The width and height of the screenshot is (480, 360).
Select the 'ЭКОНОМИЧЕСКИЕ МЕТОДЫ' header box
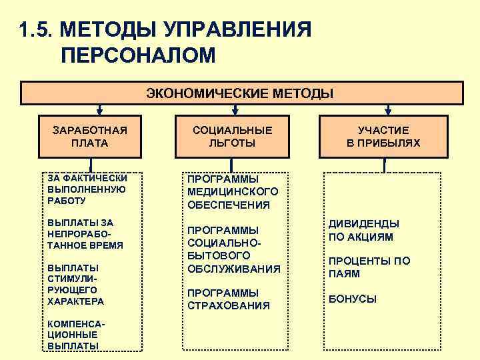click(240, 93)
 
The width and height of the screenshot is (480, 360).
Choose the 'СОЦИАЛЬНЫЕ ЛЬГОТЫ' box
click(232, 136)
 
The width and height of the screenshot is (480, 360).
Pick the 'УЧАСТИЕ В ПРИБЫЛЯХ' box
click(383, 136)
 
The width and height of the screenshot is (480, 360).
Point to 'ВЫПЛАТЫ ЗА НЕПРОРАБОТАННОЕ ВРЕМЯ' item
click(85, 233)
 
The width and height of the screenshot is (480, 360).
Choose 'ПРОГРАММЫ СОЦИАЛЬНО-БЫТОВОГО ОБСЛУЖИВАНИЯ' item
click(233, 249)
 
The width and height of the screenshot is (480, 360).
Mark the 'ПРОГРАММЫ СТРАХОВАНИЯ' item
click(229, 299)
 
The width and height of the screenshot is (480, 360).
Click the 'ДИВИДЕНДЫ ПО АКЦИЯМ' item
click(363, 230)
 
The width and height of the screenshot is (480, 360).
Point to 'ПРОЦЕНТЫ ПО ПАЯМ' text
click(369, 267)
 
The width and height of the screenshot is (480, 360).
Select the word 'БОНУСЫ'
click(353, 299)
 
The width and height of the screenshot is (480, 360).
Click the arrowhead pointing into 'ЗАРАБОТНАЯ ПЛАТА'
click(99, 112)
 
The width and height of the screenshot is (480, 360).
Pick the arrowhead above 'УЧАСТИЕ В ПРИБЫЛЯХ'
click(389, 112)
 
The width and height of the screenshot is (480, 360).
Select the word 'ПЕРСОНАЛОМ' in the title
click(138, 55)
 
